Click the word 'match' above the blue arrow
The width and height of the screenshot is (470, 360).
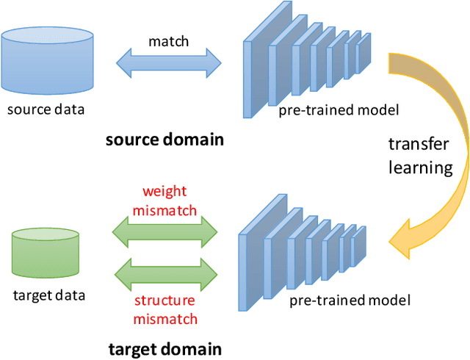click(x=168, y=42)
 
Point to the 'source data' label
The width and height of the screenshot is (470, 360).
click(x=46, y=110)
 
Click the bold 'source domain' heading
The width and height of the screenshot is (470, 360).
click(x=164, y=139)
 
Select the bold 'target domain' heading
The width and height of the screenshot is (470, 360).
click(x=164, y=348)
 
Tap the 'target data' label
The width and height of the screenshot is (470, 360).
click(x=49, y=295)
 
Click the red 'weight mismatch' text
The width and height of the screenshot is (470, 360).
click(x=164, y=201)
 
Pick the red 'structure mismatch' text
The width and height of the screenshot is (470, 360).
click(x=164, y=309)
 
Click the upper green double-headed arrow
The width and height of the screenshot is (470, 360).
click(x=164, y=233)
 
